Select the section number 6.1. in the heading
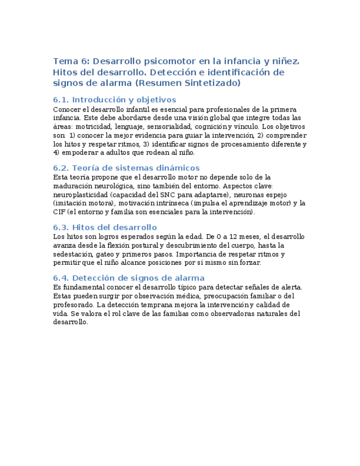pyautogui.click(x=60, y=99)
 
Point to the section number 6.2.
pyautogui.click(x=60, y=168)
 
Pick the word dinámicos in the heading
pyautogui.click(x=176, y=168)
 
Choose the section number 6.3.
pyautogui.click(x=60, y=227)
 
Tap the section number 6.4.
pyautogui.click(x=60, y=278)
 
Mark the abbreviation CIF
pyautogui.click(x=59, y=212)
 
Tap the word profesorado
pyautogui.click(x=73, y=304)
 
